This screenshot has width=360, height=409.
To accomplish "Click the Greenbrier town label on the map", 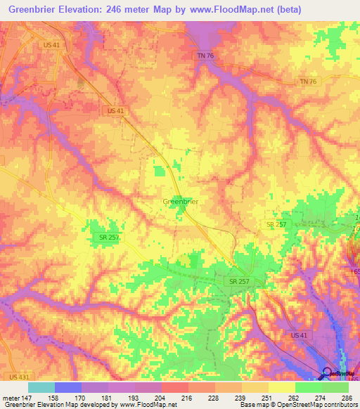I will pos(180,202).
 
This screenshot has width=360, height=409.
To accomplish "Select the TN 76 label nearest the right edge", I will pos(308,82).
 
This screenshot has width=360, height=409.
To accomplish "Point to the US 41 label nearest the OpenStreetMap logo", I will pos(299,337).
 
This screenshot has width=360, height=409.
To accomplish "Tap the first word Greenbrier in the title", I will pos(35,9).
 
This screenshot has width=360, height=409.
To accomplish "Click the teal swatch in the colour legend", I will pos(41,387).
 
